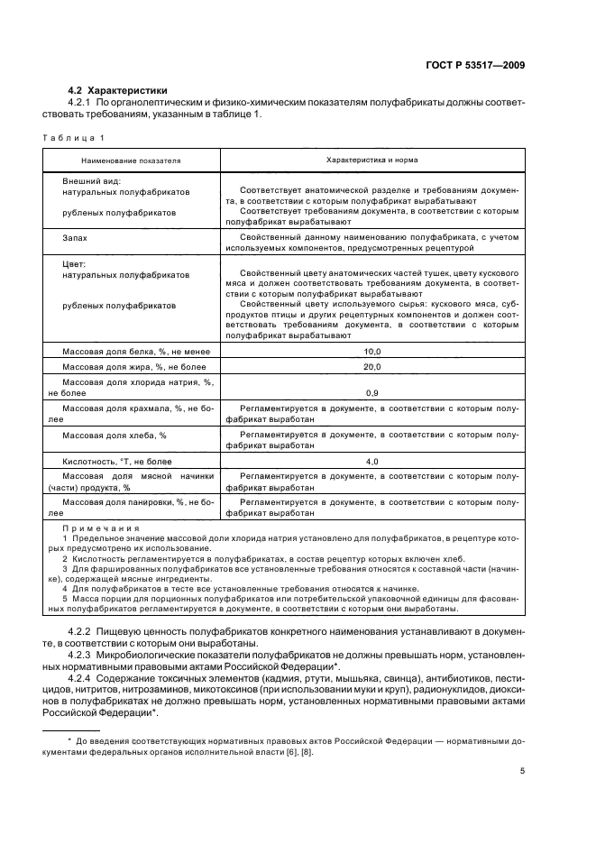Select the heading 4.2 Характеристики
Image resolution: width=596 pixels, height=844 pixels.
coord(119,90)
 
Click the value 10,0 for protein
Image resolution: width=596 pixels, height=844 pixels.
coord(371,351)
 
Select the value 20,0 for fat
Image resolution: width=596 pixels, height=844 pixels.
coord(371,367)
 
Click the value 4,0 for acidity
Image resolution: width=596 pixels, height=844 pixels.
coord(371,462)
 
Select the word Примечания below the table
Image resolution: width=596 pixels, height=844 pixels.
coord(100,528)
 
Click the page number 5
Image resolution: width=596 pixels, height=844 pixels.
coord(523,771)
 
